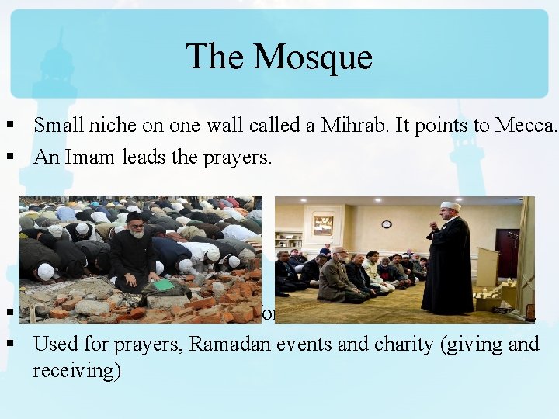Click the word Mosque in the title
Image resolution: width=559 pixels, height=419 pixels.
point(313,57)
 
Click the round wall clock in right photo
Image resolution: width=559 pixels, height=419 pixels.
point(386,224)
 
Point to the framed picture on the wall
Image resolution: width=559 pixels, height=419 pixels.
point(324,225)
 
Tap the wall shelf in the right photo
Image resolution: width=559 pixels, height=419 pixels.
point(288,240)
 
